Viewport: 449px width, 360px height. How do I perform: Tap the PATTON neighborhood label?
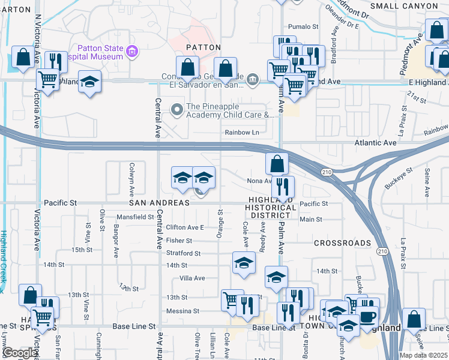pyautogui.click(x=203, y=47)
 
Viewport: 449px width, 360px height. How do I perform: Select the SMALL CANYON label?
pyautogui.click(x=404, y=6)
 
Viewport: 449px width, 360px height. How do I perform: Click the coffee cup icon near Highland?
pyautogui.click(x=367, y=316)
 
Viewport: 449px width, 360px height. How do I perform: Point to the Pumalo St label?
pyautogui.click(x=303, y=26)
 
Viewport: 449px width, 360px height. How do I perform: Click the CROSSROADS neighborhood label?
pyautogui.click(x=342, y=243)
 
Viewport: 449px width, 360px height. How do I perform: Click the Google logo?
pyautogui.click(x=20, y=353)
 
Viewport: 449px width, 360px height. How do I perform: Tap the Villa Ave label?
pyautogui.click(x=192, y=278)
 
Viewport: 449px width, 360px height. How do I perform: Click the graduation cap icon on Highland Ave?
pyautogui.click(x=89, y=83)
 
